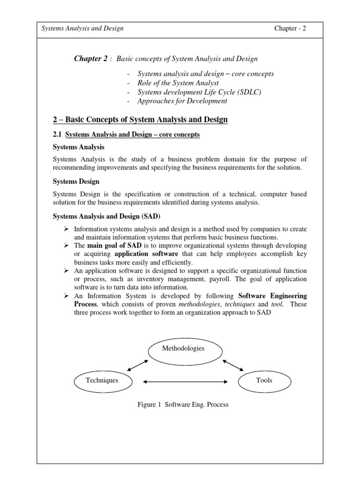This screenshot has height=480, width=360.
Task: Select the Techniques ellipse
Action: point(102,381)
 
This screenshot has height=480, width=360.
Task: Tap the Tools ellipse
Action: point(264,381)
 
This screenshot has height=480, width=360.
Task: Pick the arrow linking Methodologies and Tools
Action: point(232,365)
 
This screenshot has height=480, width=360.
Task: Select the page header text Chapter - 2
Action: point(290,29)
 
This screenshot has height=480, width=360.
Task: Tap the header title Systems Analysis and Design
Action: point(83,29)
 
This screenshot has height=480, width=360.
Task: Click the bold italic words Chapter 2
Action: point(91,59)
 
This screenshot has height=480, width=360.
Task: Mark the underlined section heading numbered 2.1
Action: point(126,135)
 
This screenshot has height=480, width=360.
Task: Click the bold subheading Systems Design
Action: point(76,181)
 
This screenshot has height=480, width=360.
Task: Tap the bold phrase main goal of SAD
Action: point(111,246)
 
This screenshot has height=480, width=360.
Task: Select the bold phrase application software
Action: point(147,254)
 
